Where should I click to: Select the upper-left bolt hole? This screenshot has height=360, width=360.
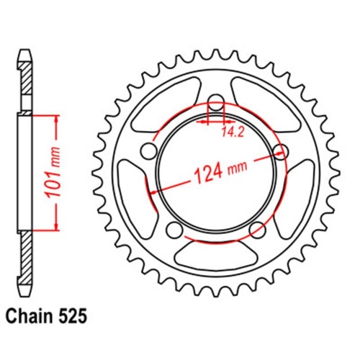tap(149, 150)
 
